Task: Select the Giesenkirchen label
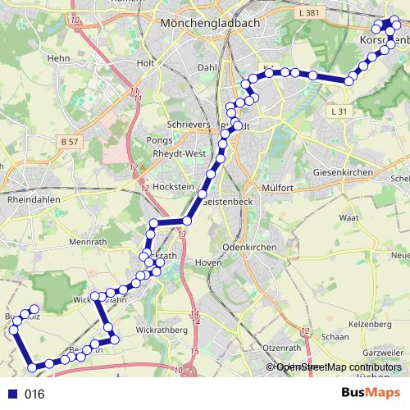(343, 173)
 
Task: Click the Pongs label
(159, 141)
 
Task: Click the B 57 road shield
(70, 143)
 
